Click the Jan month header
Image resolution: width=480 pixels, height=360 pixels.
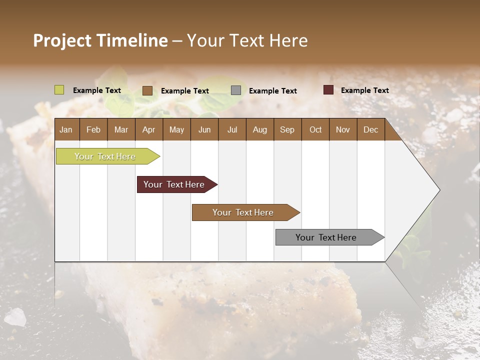pos(66,129)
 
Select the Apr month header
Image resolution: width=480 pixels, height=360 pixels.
pos(148,129)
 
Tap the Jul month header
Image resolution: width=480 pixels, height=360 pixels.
pos(232,129)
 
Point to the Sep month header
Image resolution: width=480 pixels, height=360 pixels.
pos(287,129)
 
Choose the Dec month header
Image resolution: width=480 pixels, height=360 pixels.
pos(370,129)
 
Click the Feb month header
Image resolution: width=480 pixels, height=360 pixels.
pos(93,129)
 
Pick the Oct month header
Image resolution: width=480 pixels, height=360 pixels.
pos(315,129)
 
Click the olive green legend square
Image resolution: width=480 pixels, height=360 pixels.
pos(59,90)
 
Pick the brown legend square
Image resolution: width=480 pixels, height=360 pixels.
pos(147,90)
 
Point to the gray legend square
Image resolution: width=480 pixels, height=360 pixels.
pos(236,90)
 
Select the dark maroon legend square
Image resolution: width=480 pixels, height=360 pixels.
pos(328,90)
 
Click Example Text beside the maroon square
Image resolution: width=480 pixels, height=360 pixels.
pos(364,90)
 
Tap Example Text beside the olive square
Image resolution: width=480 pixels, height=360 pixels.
pos(97,90)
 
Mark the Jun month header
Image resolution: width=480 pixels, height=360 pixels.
pos(204,129)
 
